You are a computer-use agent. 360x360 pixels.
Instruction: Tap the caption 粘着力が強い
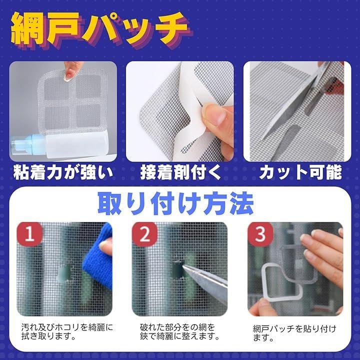point(63,172)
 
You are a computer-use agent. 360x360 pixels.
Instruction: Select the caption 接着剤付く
point(180,172)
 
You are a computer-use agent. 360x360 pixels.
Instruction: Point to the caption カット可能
point(301,172)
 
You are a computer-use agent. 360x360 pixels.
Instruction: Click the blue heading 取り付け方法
point(176,203)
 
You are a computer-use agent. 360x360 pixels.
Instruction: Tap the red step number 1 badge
point(29,234)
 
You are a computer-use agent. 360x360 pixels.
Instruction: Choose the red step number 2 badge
point(144,234)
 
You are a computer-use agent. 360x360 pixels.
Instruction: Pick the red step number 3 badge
point(260,234)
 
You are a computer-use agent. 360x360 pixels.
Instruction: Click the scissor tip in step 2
point(183,267)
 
